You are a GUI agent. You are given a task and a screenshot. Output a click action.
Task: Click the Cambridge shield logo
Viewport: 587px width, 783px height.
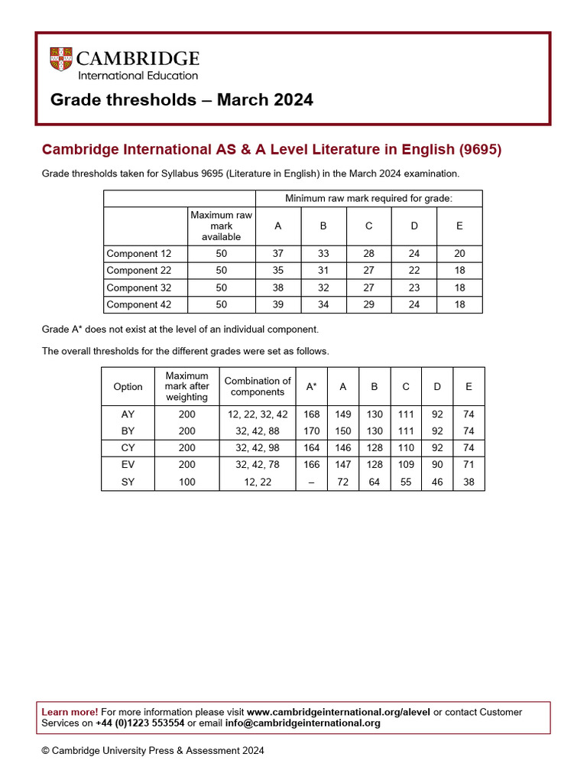point(61,60)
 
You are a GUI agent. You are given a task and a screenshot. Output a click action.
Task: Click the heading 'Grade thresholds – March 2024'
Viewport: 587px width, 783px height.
point(181,100)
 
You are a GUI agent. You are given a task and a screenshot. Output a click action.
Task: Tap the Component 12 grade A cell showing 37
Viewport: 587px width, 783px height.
point(277,254)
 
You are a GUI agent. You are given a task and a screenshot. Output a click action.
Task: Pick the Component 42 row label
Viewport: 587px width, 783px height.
point(138,304)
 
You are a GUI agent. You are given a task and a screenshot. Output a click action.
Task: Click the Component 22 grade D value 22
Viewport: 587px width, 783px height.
point(414,271)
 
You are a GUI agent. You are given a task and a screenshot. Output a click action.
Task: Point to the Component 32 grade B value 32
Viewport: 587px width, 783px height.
point(323,288)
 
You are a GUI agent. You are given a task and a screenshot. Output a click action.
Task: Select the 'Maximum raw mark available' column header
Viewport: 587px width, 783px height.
point(221,226)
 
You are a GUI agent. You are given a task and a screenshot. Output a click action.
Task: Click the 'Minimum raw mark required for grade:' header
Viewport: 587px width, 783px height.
point(368,199)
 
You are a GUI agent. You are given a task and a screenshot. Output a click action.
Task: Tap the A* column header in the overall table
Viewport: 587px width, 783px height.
point(312,387)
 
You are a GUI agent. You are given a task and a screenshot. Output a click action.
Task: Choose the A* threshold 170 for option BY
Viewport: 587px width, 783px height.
point(312,431)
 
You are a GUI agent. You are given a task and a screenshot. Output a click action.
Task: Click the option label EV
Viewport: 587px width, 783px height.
point(128,465)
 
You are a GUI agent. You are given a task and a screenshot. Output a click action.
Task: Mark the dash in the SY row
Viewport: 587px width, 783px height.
point(312,482)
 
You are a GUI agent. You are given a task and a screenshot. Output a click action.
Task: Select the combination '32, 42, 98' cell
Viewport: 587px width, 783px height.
point(258,448)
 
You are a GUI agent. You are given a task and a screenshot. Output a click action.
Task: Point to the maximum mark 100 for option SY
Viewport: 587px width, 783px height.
point(186,482)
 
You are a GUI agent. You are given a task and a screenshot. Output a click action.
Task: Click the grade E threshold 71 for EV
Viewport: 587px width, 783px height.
point(469,465)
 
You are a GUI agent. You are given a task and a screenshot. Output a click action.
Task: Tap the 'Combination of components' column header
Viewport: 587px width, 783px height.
point(258,387)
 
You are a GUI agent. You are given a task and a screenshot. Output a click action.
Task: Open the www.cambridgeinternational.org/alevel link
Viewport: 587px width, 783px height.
point(339,712)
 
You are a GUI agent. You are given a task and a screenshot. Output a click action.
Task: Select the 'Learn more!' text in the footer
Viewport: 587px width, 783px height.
point(70,712)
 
